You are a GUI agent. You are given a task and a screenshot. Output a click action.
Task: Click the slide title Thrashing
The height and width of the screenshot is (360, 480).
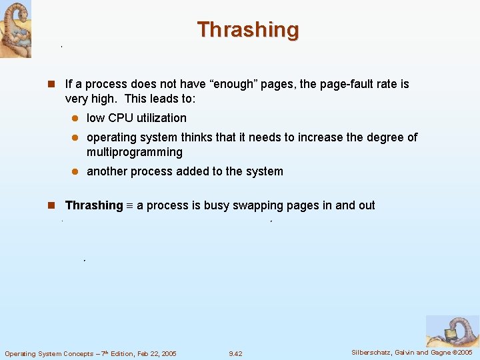pos(248,30)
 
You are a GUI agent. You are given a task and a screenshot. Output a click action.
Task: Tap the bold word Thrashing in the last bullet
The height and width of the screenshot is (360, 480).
pos(94,205)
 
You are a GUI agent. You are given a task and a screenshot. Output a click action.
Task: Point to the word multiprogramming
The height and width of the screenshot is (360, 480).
pos(135,152)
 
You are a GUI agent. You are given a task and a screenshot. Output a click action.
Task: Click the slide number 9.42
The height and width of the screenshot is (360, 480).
pos(235,353)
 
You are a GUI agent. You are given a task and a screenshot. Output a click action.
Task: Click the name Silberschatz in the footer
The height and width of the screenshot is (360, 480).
pos(374,352)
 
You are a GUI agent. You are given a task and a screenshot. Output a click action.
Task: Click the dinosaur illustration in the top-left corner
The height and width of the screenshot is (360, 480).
pos(15,29)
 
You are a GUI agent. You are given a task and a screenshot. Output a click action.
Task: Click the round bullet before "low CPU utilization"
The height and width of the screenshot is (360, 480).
pos(76,118)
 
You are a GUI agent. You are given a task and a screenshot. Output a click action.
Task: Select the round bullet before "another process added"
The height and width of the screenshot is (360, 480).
pos(76,171)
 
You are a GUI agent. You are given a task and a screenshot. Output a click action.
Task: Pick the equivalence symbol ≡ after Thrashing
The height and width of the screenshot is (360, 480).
pos(130,206)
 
